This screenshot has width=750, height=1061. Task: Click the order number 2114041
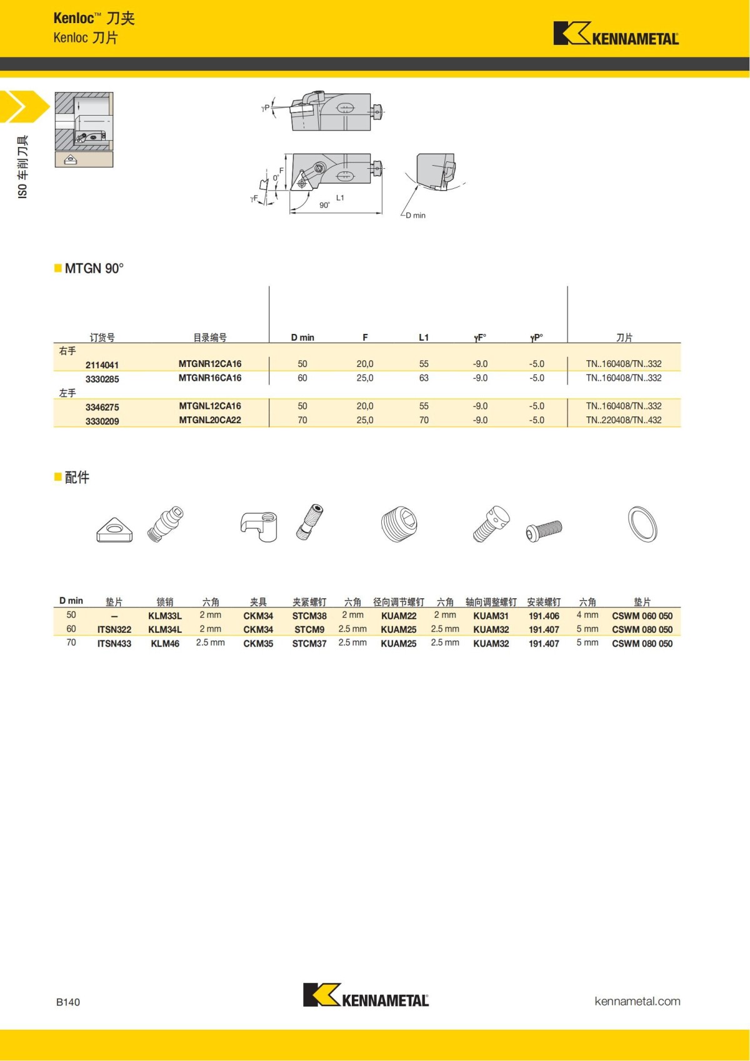point(102,365)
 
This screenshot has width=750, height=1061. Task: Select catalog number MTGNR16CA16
point(210,378)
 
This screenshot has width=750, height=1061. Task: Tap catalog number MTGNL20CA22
point(210,420)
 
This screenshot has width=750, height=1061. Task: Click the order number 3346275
point(102,407)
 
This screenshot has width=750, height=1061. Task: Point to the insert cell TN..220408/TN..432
point(624,420)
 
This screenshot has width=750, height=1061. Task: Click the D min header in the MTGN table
point(302,338)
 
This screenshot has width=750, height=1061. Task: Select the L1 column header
point(424,338)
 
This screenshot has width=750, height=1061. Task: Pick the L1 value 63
point(424,378)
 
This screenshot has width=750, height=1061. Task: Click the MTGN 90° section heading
point(94,268)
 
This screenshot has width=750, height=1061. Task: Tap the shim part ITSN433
point(114,643)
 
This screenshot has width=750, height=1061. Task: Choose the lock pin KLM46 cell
point(165,643)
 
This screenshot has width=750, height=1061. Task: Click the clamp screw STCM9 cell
point(309,630)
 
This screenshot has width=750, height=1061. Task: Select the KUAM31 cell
point(491,616)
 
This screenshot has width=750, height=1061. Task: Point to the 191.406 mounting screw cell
point(544,616)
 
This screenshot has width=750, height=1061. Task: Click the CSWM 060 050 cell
point(642,616)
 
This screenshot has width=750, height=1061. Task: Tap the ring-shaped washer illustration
point(642,524)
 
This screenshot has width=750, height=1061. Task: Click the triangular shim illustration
point(114,530)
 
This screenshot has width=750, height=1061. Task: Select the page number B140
point(68,1002)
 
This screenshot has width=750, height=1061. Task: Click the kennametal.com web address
point(637,1001)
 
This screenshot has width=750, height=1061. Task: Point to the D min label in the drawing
point(416,215)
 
